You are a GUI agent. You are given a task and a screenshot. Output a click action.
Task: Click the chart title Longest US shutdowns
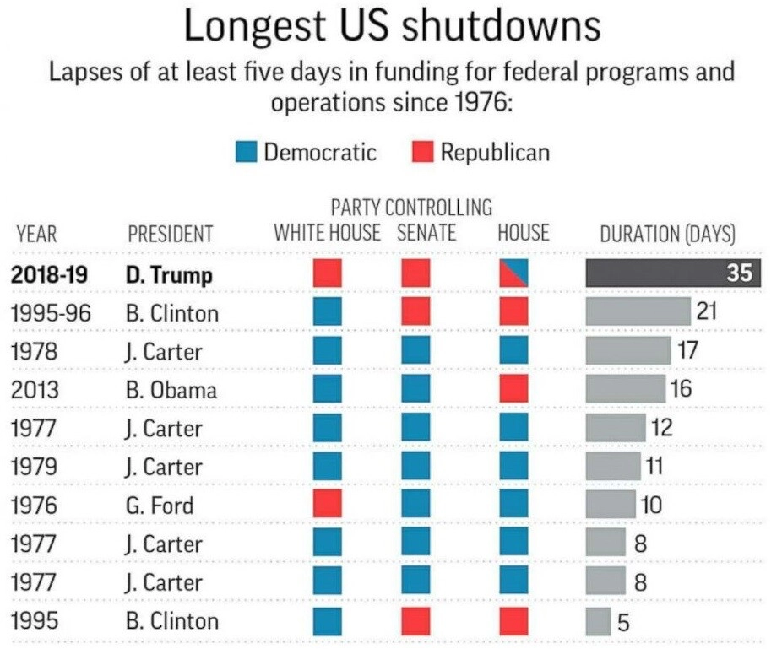391,26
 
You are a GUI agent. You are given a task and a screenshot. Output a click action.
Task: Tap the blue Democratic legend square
246,153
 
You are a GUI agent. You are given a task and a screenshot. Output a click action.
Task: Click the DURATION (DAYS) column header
667,234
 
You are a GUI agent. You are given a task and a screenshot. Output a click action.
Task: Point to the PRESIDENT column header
171,234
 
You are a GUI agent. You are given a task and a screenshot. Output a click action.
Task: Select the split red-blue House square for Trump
513,273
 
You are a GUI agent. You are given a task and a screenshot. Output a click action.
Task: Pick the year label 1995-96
51,313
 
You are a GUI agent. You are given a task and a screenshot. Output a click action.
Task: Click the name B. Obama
171,390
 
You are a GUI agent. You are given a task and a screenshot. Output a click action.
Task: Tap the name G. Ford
160,506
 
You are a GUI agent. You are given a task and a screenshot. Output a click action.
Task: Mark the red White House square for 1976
327,505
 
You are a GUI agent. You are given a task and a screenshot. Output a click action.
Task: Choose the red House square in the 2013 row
513,389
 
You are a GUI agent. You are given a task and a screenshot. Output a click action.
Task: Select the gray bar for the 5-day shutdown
598,622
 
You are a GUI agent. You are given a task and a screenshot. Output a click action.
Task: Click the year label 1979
35,467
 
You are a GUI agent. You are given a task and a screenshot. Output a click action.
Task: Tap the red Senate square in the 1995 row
415,621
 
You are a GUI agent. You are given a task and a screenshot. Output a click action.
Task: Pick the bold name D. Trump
170,275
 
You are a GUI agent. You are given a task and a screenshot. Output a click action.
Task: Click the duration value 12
661,428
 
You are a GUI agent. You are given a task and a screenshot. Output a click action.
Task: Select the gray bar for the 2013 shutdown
626,389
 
